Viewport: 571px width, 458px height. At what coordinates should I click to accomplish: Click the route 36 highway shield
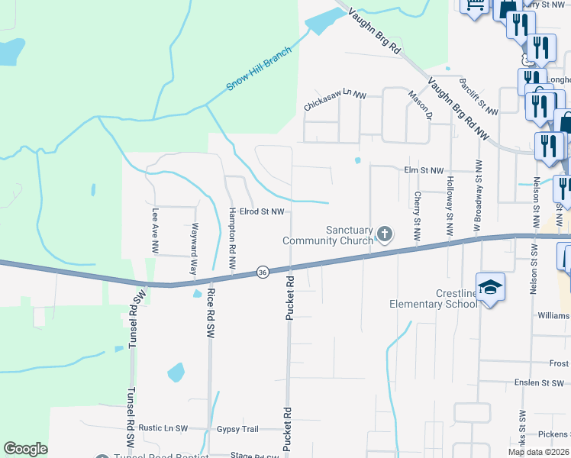point(262,273)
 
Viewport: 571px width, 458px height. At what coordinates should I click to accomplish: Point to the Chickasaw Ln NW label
point(335,102)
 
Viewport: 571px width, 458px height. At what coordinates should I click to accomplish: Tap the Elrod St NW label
point(262,211)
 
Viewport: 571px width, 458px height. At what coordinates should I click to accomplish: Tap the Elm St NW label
point(423,170)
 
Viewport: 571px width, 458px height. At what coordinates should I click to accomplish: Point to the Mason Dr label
point(421,106)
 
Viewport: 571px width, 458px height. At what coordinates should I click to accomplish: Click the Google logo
point(25,449)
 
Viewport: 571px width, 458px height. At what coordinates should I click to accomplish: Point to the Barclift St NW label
point(478,95)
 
